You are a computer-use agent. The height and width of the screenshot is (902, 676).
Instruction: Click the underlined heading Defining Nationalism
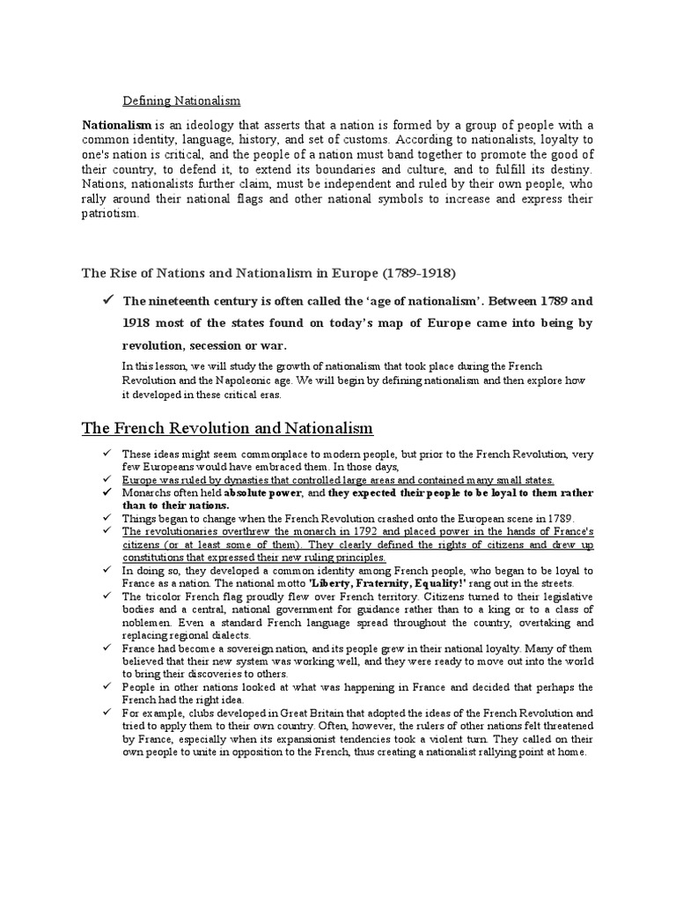tap(180, 101)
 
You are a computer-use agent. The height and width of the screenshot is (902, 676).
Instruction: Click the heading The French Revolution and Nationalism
tap(228, 429)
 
